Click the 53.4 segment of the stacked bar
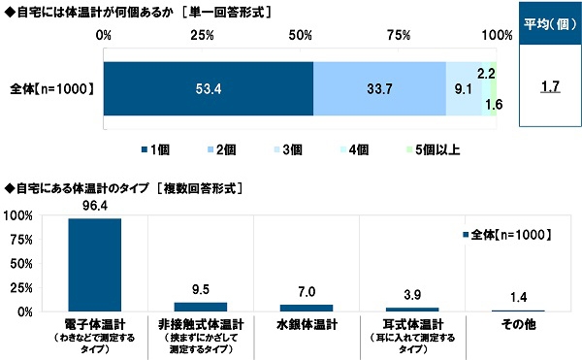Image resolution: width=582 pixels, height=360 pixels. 209,89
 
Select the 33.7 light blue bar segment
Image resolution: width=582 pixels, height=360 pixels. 379,89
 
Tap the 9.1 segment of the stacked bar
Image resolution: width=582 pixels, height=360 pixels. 465,89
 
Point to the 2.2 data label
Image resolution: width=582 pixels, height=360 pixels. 487,73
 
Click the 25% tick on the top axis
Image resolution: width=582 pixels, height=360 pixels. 202,36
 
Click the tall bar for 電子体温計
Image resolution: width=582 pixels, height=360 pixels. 95,265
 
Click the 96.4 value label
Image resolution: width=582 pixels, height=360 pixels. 95,207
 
